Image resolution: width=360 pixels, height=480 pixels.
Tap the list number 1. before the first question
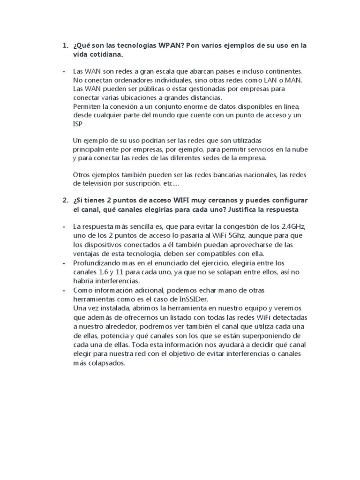65,46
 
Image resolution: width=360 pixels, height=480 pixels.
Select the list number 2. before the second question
65,200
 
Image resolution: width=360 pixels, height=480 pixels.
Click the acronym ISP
78,124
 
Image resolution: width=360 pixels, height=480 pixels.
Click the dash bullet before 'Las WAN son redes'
64,71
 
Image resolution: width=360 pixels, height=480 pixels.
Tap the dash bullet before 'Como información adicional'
64,291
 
